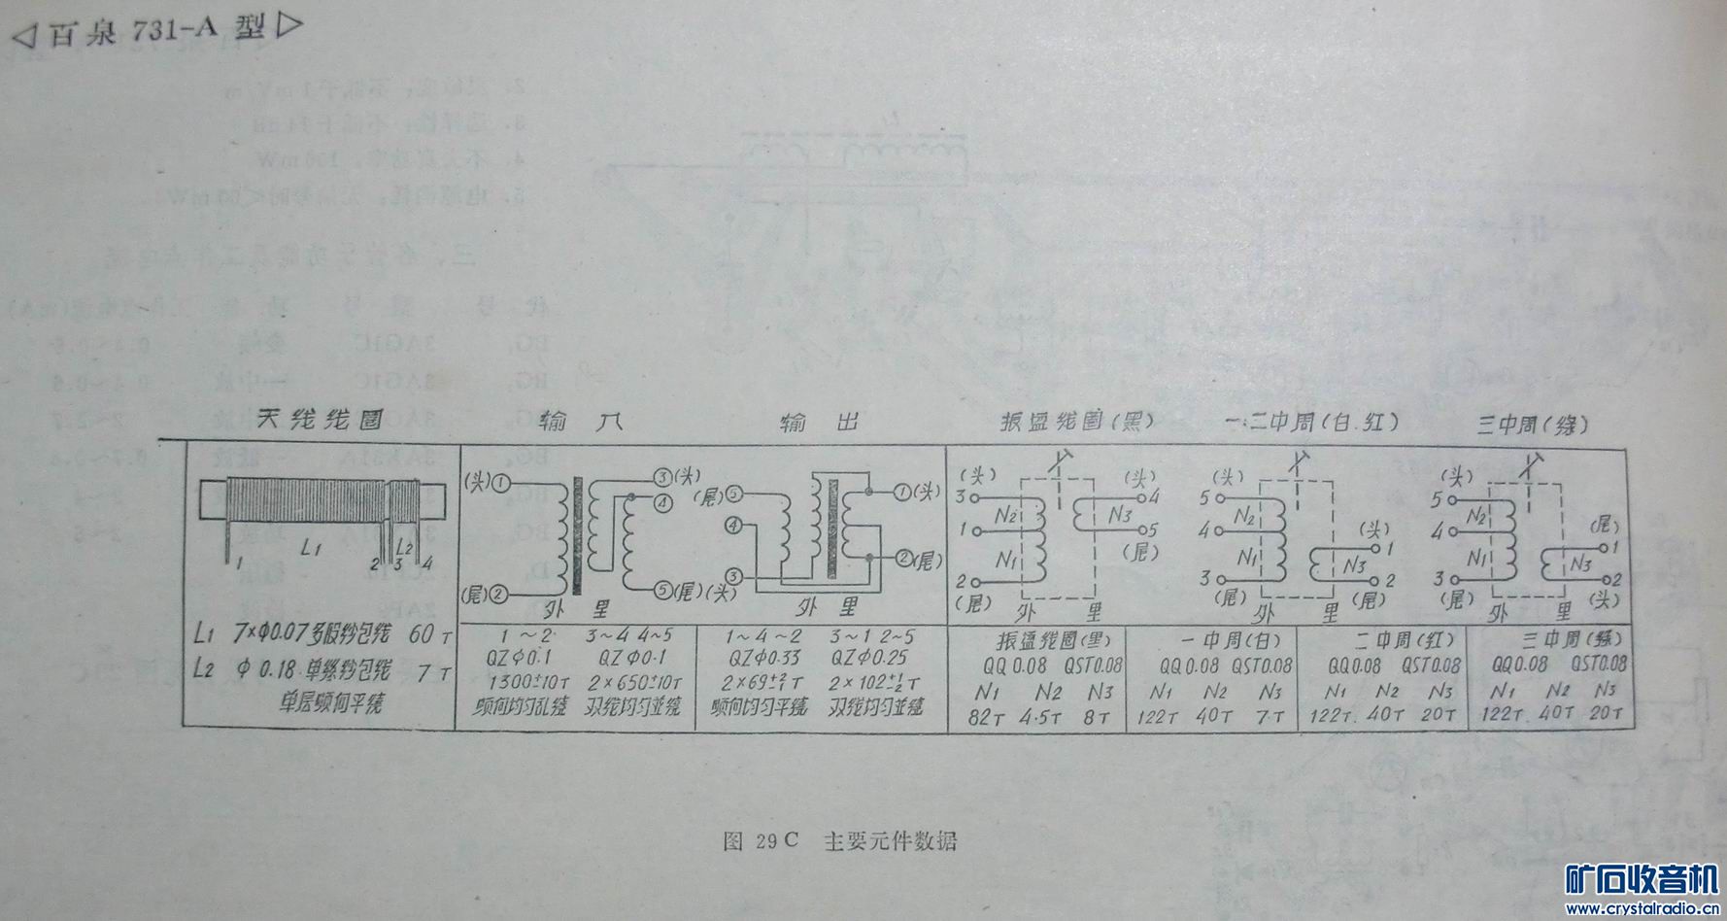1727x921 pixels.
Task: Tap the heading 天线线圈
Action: pyautogui.click(x=320, y=420)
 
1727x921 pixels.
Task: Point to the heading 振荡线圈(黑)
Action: pyautogui.click(x=1076, y=423)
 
